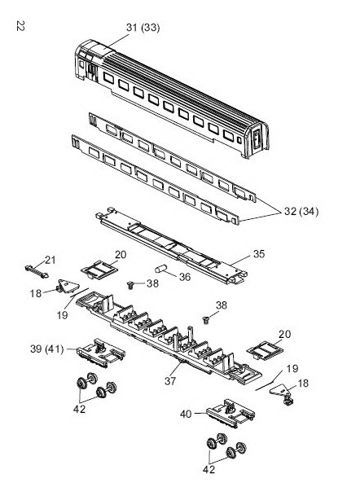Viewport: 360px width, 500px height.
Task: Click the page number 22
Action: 20,26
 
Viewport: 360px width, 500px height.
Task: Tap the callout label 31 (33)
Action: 143,28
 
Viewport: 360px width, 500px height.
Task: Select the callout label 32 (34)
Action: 301,211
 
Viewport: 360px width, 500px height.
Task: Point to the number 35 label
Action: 259,254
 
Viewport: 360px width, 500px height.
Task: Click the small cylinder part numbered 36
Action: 161,269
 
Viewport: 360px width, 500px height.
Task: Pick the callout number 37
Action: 170,380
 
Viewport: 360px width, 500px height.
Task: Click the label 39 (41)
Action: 47,349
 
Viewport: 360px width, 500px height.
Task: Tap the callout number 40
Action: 186,414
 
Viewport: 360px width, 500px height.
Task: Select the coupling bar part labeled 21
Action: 37,271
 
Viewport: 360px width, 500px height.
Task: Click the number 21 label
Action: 50,261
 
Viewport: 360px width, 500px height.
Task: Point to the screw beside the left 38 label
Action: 131,284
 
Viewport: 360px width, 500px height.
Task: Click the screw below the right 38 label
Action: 207,319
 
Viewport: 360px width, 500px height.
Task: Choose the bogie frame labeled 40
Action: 230,413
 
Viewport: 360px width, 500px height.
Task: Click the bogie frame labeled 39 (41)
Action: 100,353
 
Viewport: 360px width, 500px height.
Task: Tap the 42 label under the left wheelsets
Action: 79,409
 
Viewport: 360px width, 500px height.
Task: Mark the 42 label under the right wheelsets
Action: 209,469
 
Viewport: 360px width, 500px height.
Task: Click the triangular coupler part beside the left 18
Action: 68,286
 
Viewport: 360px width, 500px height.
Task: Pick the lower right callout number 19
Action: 292,369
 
